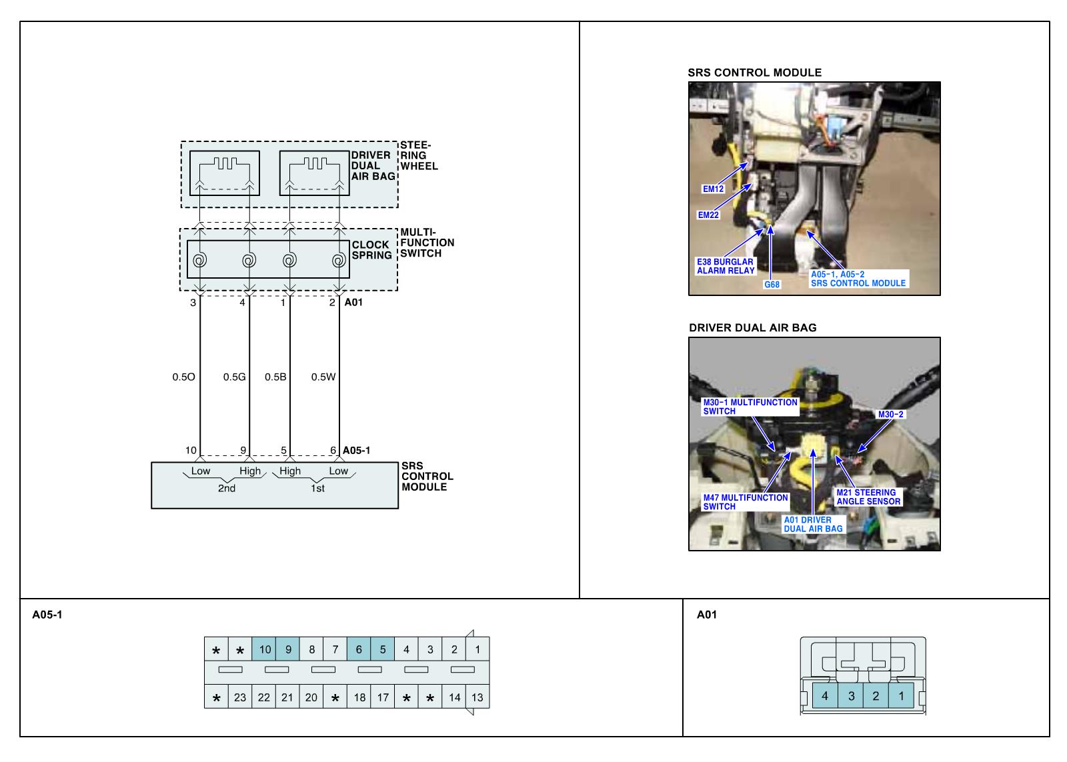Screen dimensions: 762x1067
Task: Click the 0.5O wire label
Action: click(183, 377)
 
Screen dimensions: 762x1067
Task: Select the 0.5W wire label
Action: click(323, 377)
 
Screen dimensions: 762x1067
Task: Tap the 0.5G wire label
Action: click(234, 377)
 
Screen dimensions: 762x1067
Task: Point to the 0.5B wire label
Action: click(275, 377)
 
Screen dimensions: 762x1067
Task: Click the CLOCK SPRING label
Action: click(371, 250)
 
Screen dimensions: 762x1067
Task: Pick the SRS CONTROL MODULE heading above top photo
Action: click(754, 73)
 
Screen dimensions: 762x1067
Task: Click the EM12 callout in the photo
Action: click(713, 189)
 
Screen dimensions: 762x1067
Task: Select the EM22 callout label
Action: click(708, 215)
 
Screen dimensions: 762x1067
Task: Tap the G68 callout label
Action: click(772, 284)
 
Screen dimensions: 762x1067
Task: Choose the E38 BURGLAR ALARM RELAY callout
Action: click(726, 266)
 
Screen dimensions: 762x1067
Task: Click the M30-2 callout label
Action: click(891, 415)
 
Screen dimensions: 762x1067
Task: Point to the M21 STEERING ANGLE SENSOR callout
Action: click(868, 497)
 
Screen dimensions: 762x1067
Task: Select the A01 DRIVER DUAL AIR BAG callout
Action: click(813, 524)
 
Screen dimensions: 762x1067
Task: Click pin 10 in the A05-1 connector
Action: click(265, 649)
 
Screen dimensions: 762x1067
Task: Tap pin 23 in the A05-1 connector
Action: click(240, 697)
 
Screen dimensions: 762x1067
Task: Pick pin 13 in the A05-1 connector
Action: click(477, 697)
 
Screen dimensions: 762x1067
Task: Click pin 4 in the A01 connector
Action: click(825, 696)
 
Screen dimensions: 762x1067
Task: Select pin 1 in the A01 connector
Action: click(901, 696)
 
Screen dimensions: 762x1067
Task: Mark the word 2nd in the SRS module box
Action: click(227, 488)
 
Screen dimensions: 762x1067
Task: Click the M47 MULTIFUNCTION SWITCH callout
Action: click(746, 502)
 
